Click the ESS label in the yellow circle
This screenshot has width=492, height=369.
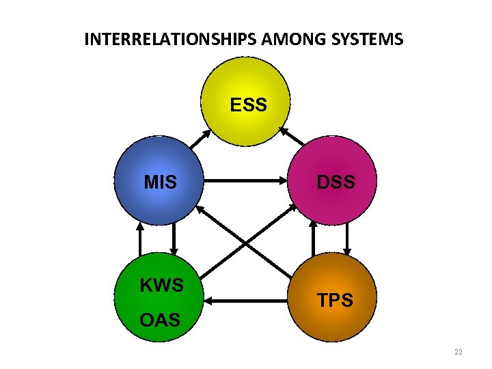coord(248,105)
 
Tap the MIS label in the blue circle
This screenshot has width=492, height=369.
coord(161,182)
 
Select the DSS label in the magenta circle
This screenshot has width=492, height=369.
coord(336,182)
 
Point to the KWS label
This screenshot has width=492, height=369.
coord(162,285)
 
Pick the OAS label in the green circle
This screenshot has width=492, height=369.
coord(159,319)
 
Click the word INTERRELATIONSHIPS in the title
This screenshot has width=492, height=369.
coord(172,39)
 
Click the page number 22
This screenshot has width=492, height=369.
coord(458,352)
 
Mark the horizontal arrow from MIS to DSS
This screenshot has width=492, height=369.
coord(247,182)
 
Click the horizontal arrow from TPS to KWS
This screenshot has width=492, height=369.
coord(247,300)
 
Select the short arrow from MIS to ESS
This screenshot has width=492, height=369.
coord(200,139)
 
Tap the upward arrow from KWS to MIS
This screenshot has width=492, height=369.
coord(139,238)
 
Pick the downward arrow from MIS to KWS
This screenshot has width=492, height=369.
coord(174,238)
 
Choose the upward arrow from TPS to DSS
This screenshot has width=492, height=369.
coord(314,238)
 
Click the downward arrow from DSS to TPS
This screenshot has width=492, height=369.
coord(348,238)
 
